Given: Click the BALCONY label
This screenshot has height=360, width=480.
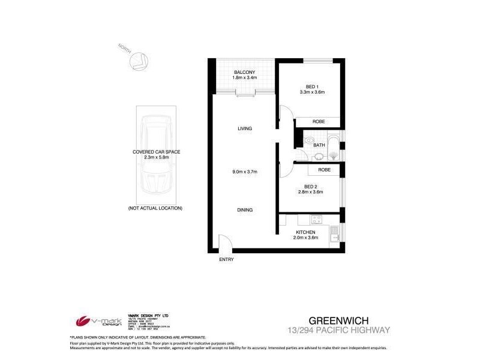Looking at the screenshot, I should pos(245,73).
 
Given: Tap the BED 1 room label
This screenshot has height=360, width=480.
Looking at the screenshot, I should pos(311,87).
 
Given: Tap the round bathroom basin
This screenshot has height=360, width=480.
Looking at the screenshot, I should pos(319,157).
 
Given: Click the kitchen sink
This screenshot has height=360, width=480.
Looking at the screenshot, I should pos(334,231).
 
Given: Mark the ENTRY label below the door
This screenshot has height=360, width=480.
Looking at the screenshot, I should pos(226,259).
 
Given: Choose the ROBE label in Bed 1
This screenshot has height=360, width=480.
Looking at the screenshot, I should pos(318,122).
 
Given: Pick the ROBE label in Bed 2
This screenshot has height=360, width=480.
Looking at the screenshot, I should pos(324,170).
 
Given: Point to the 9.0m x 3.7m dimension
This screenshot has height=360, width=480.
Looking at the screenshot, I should pos(245,172).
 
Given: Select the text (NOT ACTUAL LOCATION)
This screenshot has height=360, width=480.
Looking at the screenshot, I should pos(155,208).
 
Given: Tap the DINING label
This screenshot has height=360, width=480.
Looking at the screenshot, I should pos(244,210).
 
